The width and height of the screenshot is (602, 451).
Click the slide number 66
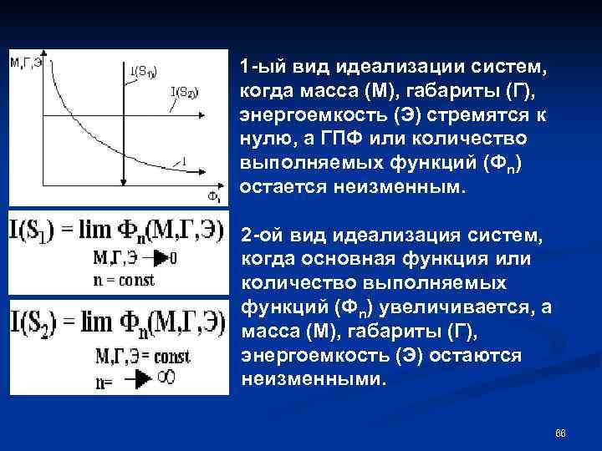pyautogui.click(x=560, y=433)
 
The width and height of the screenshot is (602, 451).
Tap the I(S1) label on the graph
pyautogui.click(x=143, y=70)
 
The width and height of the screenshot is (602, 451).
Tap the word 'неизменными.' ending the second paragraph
pyautogui.click(x=314, y=380)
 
